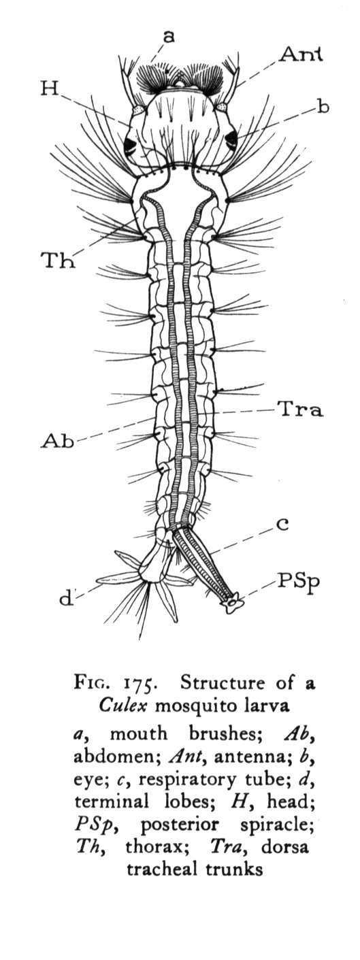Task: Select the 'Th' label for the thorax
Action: point(57,260)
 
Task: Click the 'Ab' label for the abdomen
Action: point(57,441)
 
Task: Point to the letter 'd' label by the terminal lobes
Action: point(66,597)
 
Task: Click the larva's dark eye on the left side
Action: point(130,145)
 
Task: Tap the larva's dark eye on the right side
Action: point(231,138)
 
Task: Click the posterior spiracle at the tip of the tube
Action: point(232,601)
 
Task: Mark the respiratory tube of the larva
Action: point(203,561)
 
